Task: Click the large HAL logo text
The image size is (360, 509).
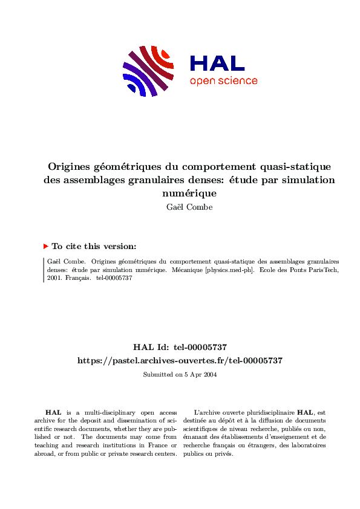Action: click(217, 63)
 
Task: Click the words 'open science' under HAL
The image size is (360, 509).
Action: click(223, 81)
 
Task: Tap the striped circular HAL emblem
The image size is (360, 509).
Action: click(146, 70)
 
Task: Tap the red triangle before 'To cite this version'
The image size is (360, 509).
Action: click(46, 247)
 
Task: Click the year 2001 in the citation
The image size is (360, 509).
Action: click(53, 279)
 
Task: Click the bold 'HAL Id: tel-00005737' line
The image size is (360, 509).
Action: click(180, 347)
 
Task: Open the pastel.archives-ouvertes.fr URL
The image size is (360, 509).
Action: click(180, 360)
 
